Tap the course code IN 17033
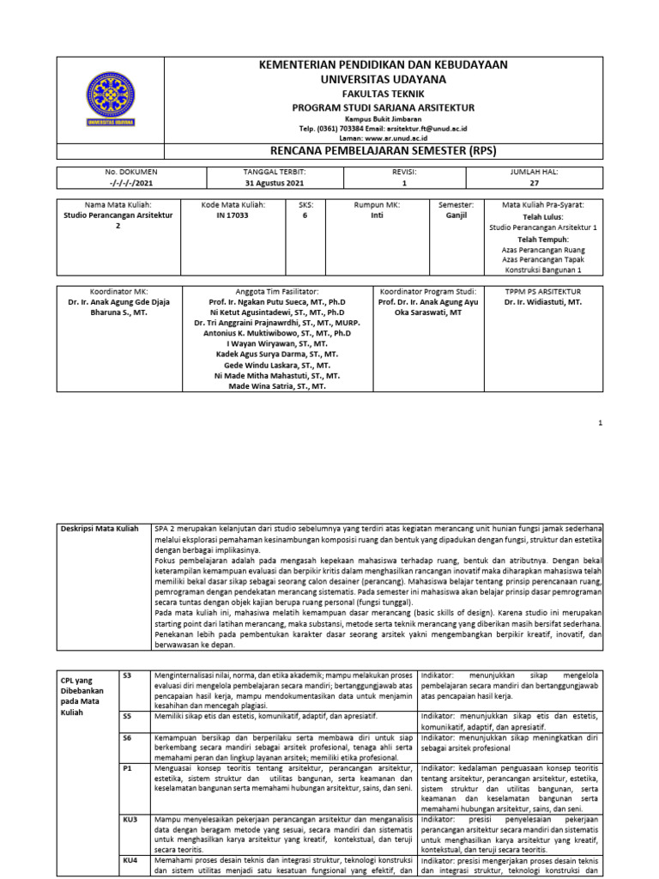(x=233, y=215)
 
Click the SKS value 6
(x=304, y=215)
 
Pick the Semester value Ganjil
(x=456, y=215)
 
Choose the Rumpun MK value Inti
(x=378, y=215)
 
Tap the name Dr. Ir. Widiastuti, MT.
(x=543, y=302)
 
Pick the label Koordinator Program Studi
(x=426, y=292)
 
